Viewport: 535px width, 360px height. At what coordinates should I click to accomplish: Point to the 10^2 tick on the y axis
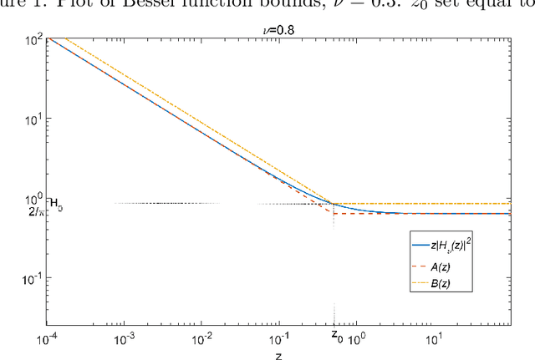(x=33, y=39)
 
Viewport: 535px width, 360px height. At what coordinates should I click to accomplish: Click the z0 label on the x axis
(x=335, y=336)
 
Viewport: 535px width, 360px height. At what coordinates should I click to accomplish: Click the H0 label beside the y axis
(x=57, y=203)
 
